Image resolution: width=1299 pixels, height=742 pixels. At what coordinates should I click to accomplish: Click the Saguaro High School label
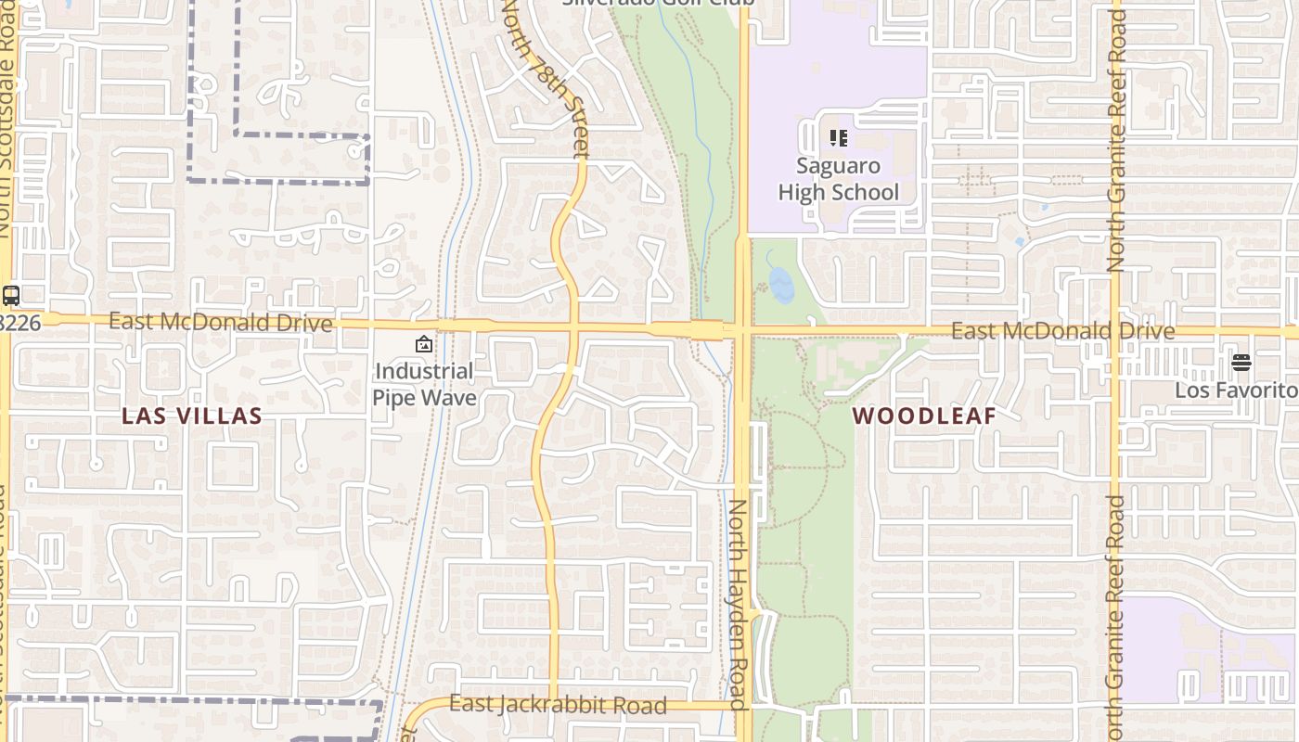click(x=838, y=179)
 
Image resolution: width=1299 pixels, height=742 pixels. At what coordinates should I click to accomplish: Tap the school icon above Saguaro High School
click(x=838, y=138)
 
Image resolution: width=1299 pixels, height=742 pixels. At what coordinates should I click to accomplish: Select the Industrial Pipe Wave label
click(x=424, y=384)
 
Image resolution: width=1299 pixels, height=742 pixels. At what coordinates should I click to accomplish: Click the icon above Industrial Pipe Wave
click(x=424, y=344)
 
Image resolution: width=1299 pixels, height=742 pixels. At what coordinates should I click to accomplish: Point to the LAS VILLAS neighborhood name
click(x=192, y=416)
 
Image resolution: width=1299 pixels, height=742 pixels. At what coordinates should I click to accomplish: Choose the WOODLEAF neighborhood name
click(x=924, y=416)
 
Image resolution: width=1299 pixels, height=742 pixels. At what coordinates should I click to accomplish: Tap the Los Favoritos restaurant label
click(x=1236, y=390)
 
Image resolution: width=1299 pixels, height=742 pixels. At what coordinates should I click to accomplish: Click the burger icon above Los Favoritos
click(x=1241, y=362)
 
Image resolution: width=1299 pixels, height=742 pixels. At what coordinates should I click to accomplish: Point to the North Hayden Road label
click(x=738, y=604)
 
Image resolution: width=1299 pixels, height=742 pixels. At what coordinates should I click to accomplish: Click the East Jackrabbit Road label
click(x=558, y=705)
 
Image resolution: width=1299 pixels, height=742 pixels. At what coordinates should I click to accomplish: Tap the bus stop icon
click(x=11, y=296)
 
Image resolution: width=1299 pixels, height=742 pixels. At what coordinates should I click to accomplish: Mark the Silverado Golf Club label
click(x=658, y=3)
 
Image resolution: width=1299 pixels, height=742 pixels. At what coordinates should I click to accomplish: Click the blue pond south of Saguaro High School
click(x=781, y=286)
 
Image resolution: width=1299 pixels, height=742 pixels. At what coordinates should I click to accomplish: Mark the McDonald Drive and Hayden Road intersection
click(x=742, y=330)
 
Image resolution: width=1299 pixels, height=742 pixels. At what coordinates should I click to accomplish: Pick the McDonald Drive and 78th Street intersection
click(x=574, y=326)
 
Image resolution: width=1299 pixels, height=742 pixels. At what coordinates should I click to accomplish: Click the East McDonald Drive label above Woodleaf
click(x=1063, y=331)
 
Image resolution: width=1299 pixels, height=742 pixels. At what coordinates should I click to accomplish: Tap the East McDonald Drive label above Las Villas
click(x=220, y=322)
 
